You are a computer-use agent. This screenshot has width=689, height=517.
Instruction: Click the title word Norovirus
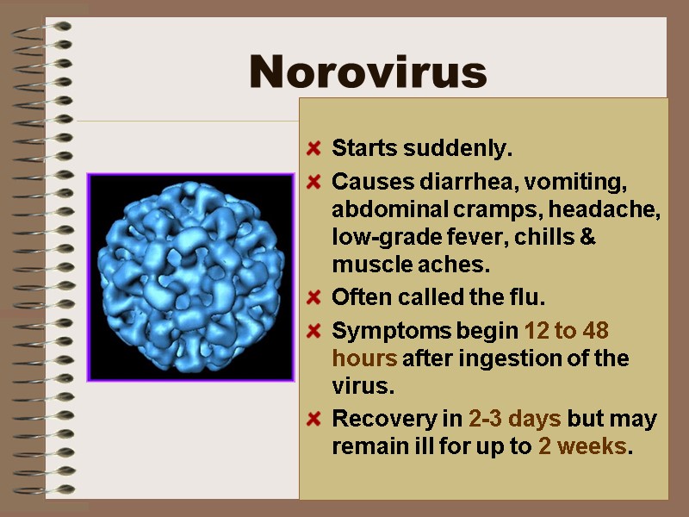368,72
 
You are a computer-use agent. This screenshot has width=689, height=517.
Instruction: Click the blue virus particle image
190,277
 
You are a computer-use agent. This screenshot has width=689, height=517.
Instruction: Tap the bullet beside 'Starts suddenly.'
315,148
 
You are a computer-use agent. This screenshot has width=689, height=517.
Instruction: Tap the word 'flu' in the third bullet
530,298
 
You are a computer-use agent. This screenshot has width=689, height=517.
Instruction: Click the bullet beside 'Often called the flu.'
315,298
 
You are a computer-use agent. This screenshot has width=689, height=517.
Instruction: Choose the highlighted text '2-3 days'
515,420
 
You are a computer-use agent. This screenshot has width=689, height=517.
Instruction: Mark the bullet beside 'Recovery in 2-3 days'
315,420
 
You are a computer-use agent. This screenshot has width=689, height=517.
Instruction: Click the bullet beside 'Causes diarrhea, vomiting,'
315,182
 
